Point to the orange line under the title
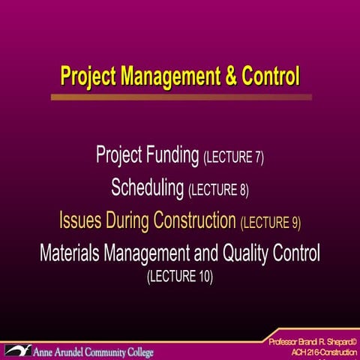tap(181, 97)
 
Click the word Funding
tap(171, 156)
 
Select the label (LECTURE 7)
tap(233, 158)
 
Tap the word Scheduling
tap(148, 188)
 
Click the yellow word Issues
tap(79, 220)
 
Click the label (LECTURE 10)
tap(180, 277)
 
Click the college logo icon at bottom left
tap(17, 350)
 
